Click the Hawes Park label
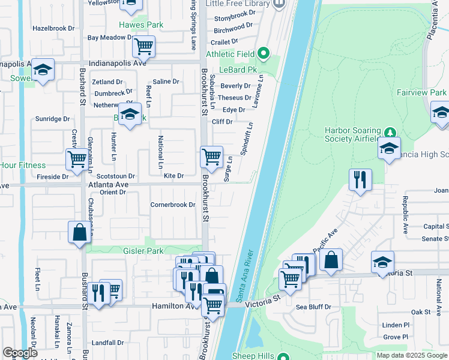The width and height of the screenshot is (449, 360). [141, 25]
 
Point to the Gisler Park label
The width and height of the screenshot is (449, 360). [143, 250]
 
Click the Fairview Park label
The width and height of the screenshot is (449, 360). [421, 93]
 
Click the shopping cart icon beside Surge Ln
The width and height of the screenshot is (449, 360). [211, 157]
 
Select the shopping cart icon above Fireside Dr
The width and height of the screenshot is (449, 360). [77, 160]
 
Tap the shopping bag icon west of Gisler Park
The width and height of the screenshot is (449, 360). [80, 232]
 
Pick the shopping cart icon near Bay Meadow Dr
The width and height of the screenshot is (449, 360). [143, 46]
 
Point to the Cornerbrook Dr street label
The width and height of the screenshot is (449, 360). [173, 205]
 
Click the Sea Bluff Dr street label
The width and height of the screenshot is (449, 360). [314, 307]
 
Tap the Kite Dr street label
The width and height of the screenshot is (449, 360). [173, 176]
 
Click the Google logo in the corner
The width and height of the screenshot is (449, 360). [20, 353]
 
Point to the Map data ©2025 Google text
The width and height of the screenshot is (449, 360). [411, 355]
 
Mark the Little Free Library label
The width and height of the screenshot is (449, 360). [237, 4]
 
